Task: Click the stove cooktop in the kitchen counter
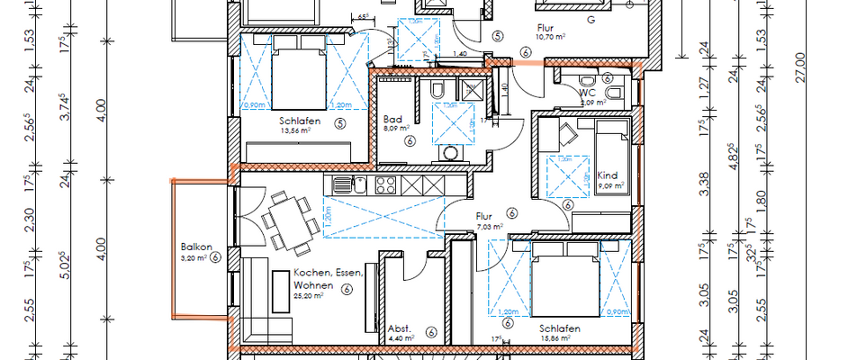[386, 185]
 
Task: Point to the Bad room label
[392, 119]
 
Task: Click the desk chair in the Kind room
[567, 133]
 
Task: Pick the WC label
[588, 92]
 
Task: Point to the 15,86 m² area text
[559, 339]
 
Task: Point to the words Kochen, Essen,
[328, 273]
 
